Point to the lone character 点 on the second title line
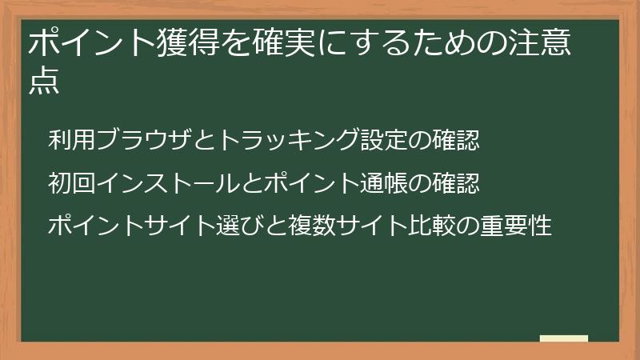tap(44, 82)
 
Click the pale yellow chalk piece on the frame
tap(564, 338)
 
